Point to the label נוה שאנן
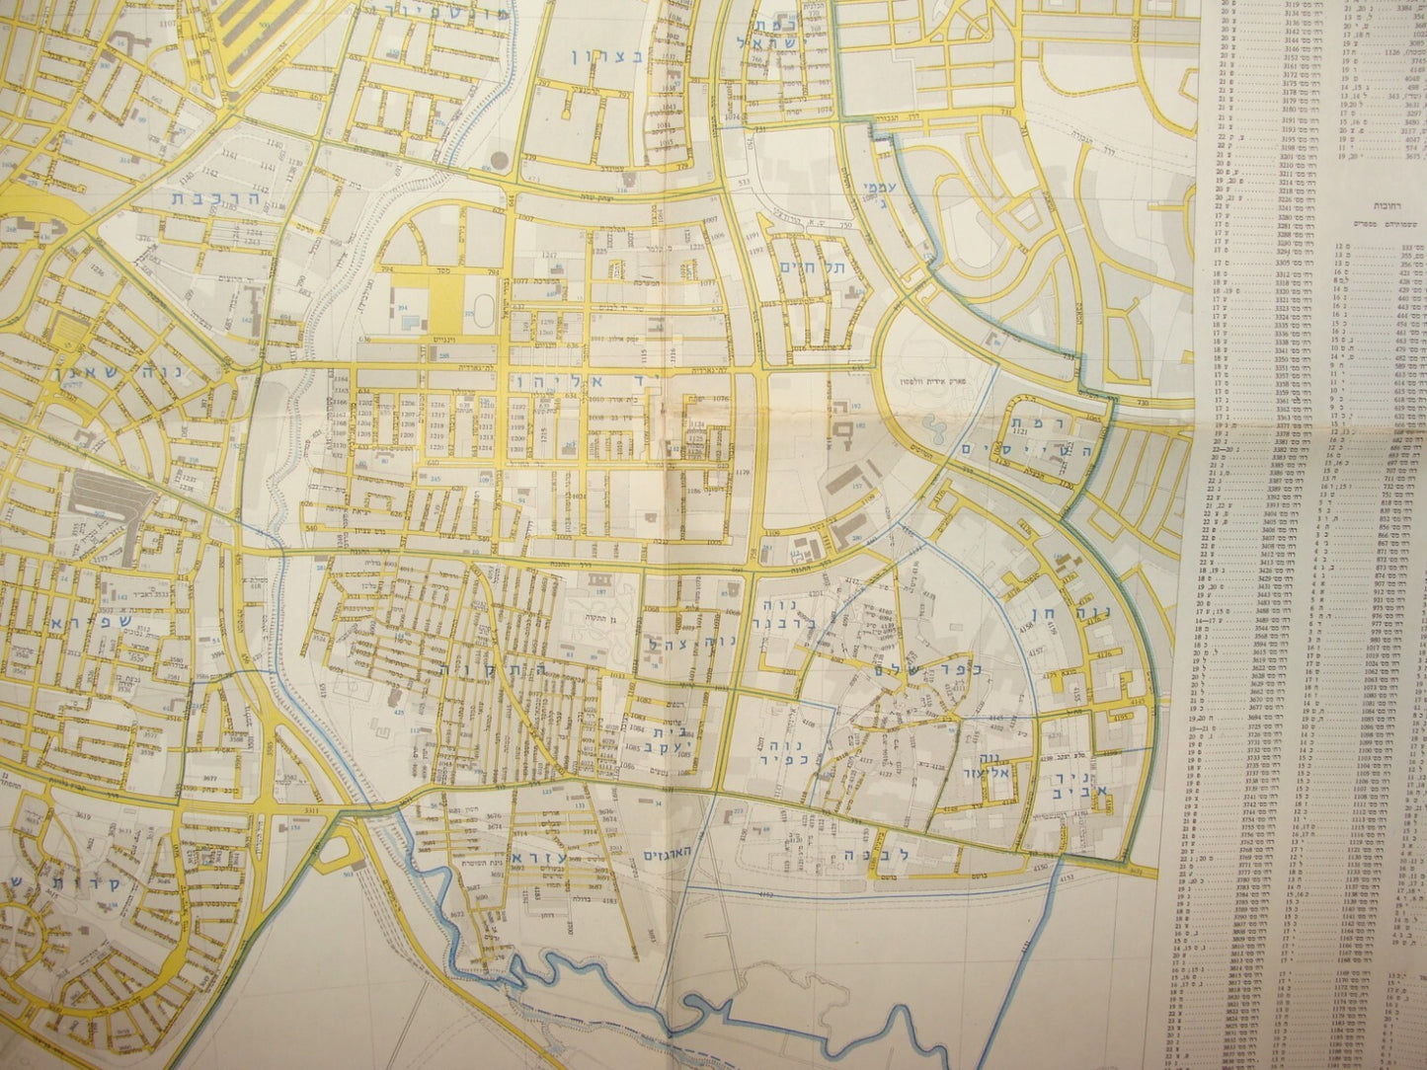[x=67, y=373]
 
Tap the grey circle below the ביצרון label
[x=500, y=160]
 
